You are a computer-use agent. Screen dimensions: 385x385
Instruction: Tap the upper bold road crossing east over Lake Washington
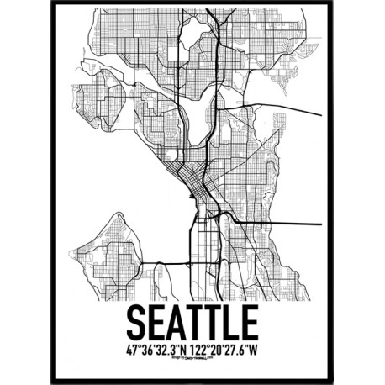pos(286,108)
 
